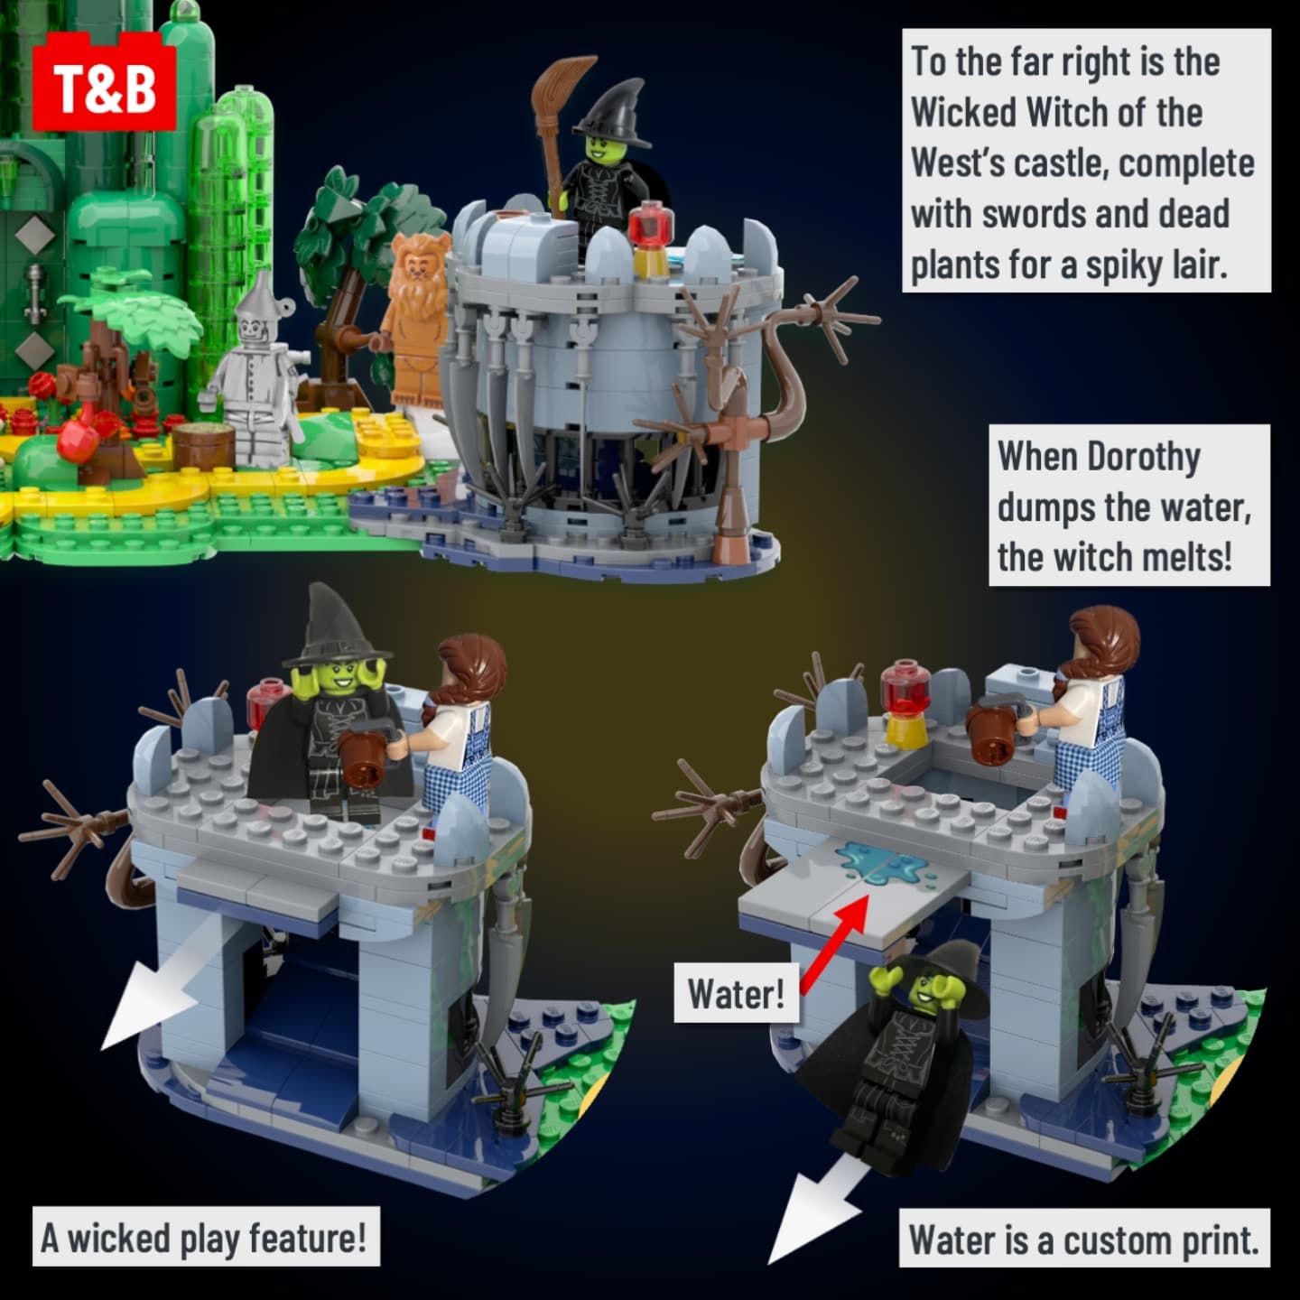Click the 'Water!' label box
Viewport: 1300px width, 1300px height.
[x=736, y=994]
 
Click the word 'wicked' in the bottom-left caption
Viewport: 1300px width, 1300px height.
[x=119, y=1239]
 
